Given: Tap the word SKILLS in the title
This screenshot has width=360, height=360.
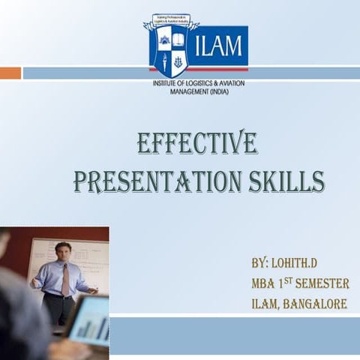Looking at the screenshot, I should point(288,181).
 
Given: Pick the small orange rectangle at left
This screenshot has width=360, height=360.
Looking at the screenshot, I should point(10,73).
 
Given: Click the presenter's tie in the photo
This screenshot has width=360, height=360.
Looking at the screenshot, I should point(65,279).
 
